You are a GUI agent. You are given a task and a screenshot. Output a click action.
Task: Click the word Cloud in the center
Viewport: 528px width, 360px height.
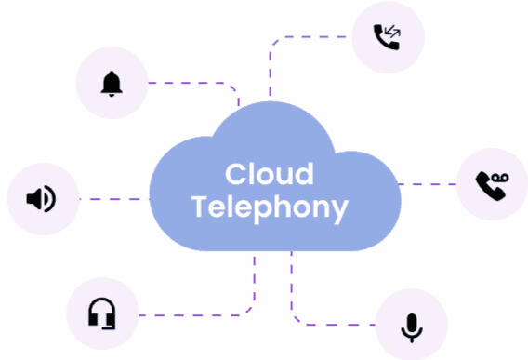click(x=269, y=174)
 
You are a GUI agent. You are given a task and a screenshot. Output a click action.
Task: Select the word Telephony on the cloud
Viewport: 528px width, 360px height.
click(x=270, y=207)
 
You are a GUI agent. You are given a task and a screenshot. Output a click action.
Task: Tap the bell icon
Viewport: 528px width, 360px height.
click(x=112, y=84)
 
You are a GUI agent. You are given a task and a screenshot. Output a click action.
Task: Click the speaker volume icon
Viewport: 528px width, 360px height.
click(x=41, y=199)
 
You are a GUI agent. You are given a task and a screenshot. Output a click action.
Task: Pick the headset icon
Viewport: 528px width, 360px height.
click(x=102, y=313)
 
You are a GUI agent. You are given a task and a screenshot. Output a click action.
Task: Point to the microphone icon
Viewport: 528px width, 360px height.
click(x=412, y=326)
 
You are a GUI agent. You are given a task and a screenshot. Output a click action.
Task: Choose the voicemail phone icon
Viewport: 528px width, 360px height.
click(x=492, y=184)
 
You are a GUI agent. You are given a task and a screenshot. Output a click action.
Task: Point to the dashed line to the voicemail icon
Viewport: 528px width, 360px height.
click(x=428, y=184)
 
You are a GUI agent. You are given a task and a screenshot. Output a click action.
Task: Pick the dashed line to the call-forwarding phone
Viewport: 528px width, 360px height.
click(x=307, y=37)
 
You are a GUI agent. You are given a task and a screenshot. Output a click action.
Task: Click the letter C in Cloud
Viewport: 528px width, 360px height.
click(x=235, y=174)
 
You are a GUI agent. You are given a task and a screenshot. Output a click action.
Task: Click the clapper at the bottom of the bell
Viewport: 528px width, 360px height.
click(x=112, y=95)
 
